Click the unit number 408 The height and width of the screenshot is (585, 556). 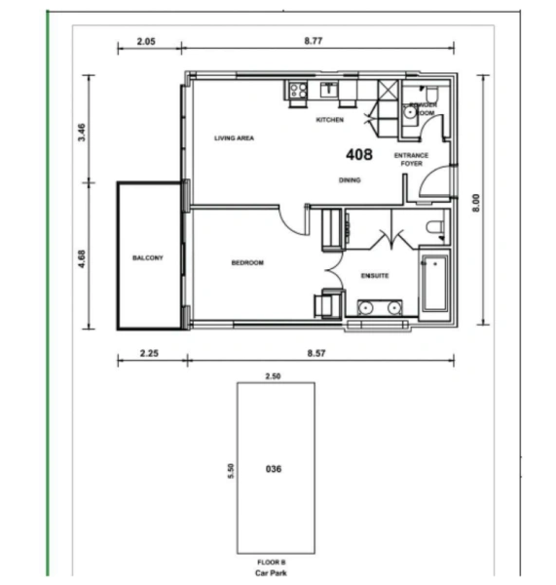(x=359, y=154)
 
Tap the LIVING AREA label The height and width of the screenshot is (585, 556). (x=234, y=138)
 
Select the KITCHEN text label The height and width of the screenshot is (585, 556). (x=330, y=120)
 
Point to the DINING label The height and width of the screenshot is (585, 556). (x=350, y=180)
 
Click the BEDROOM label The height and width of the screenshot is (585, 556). (x=247, y=263)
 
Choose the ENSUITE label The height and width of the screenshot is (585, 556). (x=375, y=276)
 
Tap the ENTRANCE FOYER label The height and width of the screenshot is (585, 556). (x=411, y=160)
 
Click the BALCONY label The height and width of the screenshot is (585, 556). (x=147, y=258)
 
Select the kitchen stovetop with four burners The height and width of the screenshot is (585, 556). (x=297, y=92)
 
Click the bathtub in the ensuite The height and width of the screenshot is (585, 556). (x=432, y=284)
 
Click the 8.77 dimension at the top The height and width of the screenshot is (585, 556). (x=314, y=42)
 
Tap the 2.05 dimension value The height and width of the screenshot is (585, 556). (x=146, y=42)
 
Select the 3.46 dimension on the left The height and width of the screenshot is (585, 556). (x=83, y=132)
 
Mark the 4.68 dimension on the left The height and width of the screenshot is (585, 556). (x=83, y=259)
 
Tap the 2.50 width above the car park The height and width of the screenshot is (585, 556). (x=274, y=374)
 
